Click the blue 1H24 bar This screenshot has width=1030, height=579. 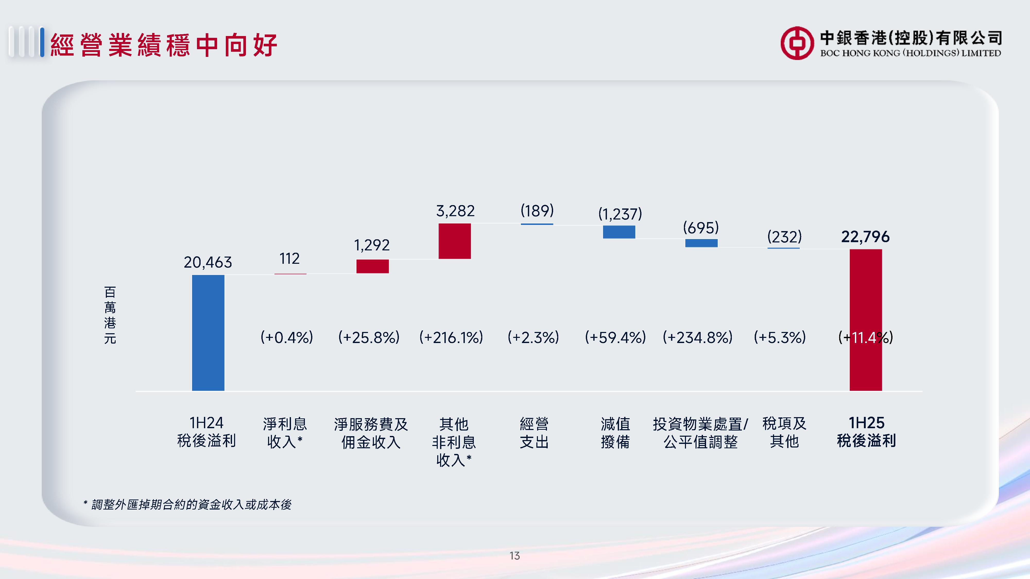coord(208,332)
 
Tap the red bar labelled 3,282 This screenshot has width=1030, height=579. coord(455,241)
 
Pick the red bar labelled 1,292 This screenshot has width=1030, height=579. coord(372,266)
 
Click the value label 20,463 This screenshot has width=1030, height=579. coord(208,262)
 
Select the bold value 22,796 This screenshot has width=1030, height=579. coord(865,236)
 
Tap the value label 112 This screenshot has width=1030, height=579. coord(289,259)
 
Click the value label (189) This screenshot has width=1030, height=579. coord(537,210)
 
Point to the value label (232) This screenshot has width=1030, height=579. coord(784,236)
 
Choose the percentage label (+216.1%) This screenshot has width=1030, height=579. coord(451,338)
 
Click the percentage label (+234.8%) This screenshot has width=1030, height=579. coord(698,338)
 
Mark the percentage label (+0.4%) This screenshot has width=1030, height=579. coord(287,338)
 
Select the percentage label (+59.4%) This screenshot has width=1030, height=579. coord(615,338)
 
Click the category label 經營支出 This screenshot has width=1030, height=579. coord(534,433)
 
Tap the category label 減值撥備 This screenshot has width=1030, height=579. coord(615,433)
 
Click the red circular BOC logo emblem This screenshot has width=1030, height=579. coord(797,43)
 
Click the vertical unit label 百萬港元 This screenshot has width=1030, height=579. coord(110,315)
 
